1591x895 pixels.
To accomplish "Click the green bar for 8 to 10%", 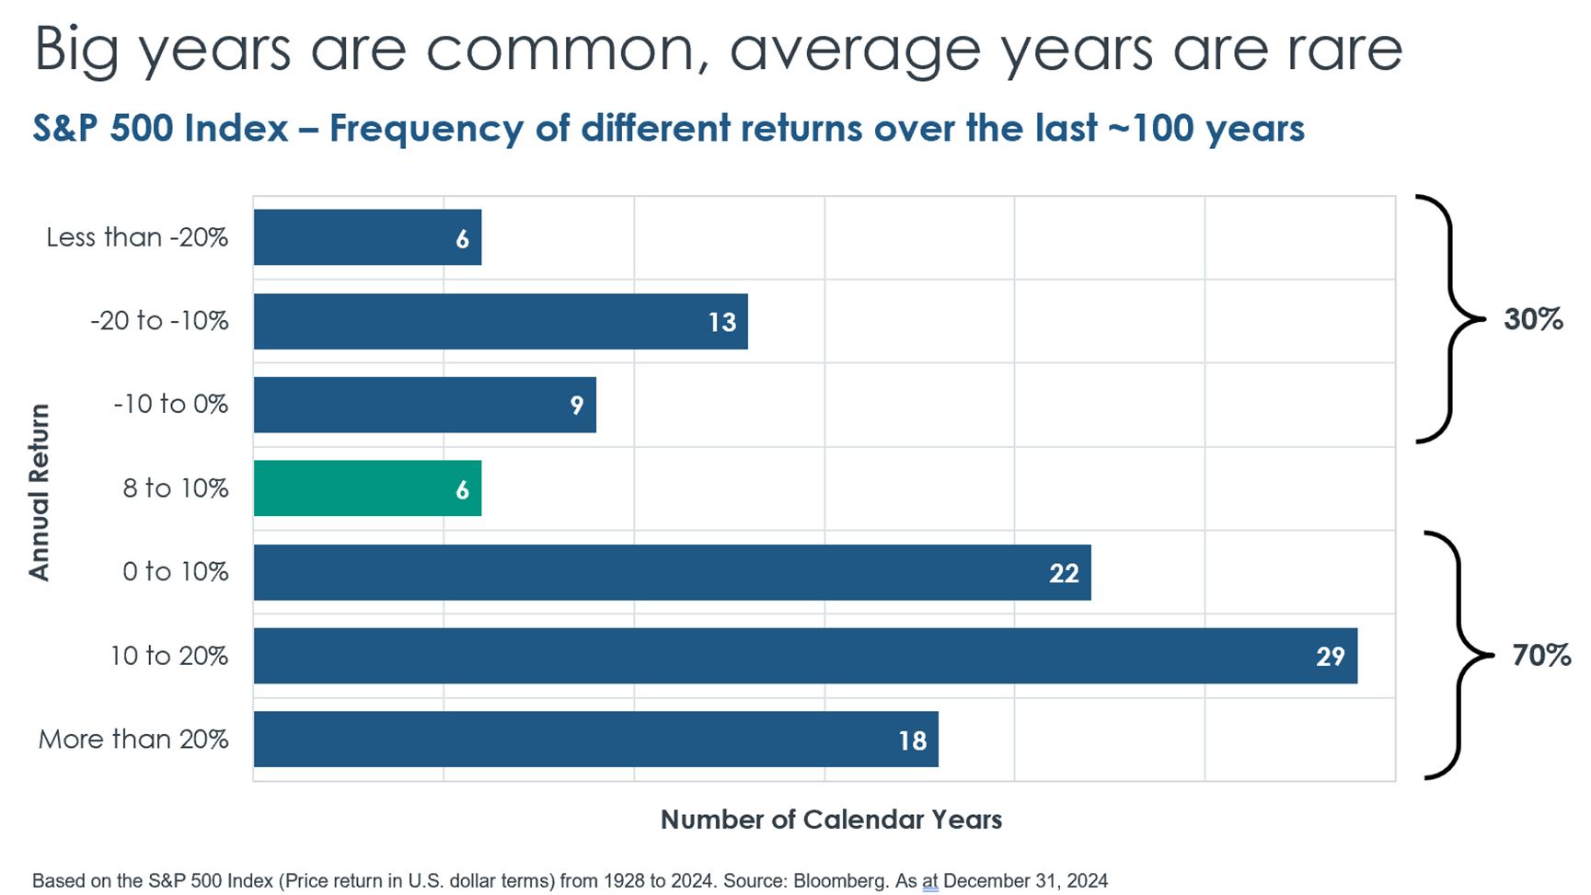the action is coord(367,488).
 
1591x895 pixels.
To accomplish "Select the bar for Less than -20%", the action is coord(367,237).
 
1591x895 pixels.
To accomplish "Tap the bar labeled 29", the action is coord(805,656).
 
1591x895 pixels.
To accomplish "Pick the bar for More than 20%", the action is coord(596,740).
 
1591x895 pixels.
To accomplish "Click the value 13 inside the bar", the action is coord(722,322).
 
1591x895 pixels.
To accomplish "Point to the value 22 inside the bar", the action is coord(1064,573).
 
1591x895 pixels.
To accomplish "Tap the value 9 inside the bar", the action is coord(577,406).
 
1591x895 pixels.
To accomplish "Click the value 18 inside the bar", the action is coord(912,740).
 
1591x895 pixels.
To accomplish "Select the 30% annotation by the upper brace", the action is coord(1533,319).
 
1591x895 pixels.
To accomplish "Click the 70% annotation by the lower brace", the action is coord(1541,655).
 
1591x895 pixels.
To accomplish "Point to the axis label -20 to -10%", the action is coord(159,321).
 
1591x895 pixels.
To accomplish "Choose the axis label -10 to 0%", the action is coord(170,405).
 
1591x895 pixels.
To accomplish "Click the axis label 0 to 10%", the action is coord(175,572).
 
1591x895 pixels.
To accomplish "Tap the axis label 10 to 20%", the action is coord(169,656).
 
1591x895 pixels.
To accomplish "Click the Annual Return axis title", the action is coord(39,492).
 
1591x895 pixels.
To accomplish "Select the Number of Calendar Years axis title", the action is coord(831,820).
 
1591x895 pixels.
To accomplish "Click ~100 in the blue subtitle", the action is coord(1151,128).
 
